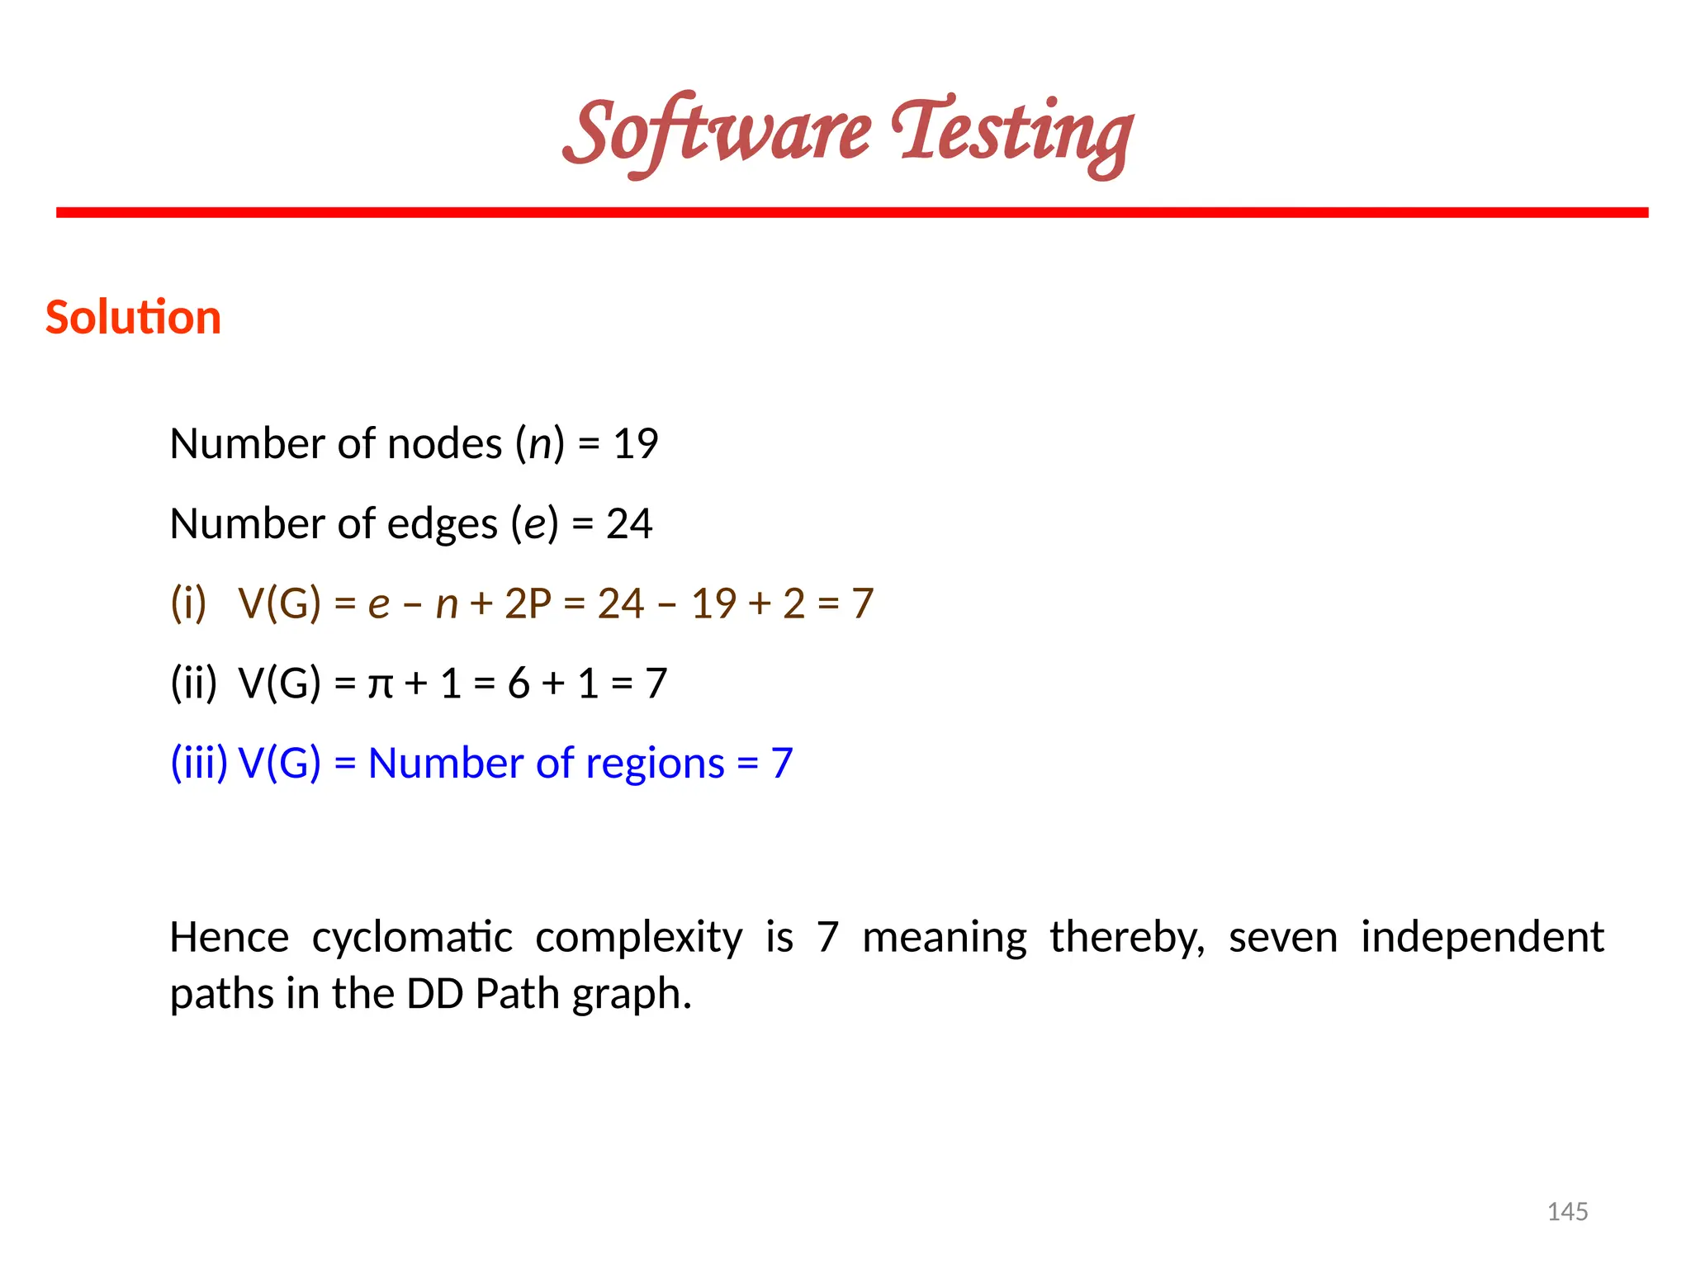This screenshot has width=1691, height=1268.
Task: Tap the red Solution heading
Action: tap(133, 318)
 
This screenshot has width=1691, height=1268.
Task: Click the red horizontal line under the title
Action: tap(851, 213)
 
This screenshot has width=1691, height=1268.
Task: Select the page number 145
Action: tap(1567, 1212)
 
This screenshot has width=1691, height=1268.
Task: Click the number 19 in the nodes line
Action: tap(635, 445)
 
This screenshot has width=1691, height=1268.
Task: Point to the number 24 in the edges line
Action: tap(629, 524)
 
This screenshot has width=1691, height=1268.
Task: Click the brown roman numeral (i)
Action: tap(188, 603)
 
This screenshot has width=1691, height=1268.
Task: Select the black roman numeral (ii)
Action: tap(193, 684)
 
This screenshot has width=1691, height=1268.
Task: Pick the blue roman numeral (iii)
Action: tap(198, 763)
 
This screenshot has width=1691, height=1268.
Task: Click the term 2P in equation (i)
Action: tap(528, 603)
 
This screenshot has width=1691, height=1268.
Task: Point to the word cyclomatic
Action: tap(412, 938)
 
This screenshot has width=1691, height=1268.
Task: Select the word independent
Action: tap(1482, 938)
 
